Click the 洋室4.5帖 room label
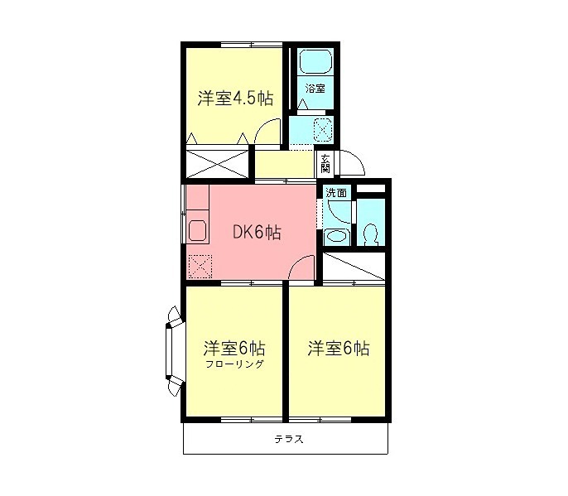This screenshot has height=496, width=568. pos(235,99)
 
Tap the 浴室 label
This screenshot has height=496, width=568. pos(315,87)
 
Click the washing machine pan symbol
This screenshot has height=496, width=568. pos(323,130)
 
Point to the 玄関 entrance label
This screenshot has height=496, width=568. pos(325,163)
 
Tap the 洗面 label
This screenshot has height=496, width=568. pos(336,193)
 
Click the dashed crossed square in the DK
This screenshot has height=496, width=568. pos(200,267)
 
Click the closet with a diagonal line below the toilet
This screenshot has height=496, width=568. pos(354,267)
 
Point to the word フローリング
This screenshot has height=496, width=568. pos(235,364)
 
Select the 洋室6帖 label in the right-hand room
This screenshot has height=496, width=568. pos(338,348)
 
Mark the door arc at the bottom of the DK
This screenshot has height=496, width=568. pos(303,270)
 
